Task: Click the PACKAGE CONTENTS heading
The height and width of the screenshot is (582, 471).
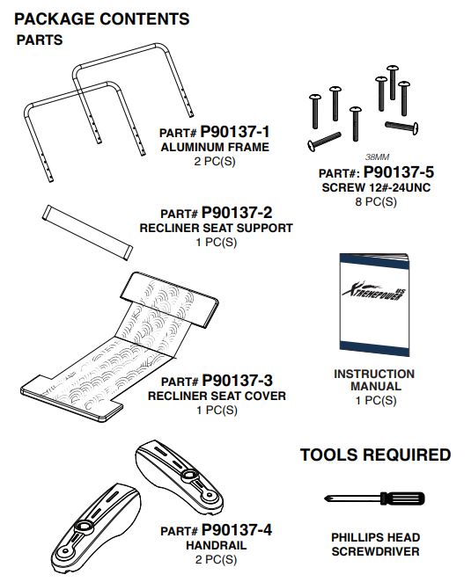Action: coord(101,18)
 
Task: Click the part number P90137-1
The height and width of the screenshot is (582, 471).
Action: coord(235,132)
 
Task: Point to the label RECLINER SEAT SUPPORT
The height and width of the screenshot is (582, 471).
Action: coord(217,228)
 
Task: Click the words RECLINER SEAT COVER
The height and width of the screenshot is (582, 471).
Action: coord(217,396)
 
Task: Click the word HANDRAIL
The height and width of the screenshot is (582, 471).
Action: coord(217,545)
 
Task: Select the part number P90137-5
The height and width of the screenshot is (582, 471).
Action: coord(397,172)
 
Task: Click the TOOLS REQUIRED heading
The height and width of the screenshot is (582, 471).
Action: coord(376,455)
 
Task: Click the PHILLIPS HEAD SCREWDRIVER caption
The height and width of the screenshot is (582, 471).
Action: coord(376,544)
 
